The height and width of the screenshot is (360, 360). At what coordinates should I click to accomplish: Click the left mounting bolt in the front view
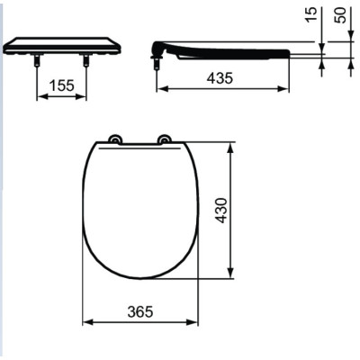click(38, 60)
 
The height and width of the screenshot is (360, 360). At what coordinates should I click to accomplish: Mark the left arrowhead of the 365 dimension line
click(87, 322)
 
